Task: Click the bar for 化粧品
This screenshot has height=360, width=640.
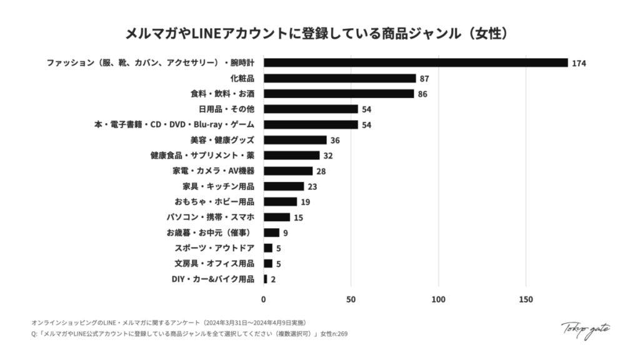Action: (x=339, y=78)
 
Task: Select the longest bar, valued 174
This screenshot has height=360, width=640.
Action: (x=416, y=62)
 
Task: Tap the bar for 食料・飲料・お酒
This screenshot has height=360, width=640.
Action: (x=339, y=94)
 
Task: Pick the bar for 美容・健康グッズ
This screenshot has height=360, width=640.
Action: (x=295, y=140)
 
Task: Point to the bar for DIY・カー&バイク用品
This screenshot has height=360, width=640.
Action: (x=266, y=279)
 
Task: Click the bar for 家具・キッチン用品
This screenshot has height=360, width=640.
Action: (x=284, y=186)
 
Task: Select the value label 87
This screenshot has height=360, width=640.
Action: (x=424, y=78)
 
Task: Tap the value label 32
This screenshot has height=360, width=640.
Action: (x=328, y=156)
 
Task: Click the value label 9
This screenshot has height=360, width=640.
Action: (x=286, y=232)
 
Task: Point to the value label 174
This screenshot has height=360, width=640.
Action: (x=579, y=63)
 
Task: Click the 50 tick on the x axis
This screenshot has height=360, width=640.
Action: (x=351, y=299)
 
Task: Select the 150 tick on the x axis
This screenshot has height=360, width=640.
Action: (x=526, y=299)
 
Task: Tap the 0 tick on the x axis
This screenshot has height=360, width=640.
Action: (x=264, y=299)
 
